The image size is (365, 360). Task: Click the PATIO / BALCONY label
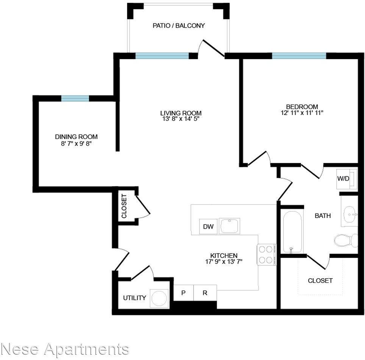pos(179,26)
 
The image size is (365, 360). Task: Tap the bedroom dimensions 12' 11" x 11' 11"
pos(302,113)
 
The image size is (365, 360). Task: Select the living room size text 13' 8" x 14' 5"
pos(181,119)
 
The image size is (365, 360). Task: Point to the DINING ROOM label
pos(76,137)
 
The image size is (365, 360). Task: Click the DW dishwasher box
pos(208,227)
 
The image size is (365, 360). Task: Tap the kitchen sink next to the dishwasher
pos(229,226)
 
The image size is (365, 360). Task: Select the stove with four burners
pos(267,254)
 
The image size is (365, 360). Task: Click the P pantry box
pos(183,293)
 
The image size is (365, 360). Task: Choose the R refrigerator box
pos(205,293)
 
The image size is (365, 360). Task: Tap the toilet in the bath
pos(346,240)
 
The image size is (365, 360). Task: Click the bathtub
pos(292,231)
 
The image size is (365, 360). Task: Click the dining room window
pos(75,98)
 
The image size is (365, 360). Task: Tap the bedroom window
pos(299,56)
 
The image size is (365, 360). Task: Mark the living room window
pos(162,56)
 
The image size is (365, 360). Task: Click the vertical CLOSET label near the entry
pos(124,206)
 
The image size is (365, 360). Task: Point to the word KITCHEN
pos(224,256)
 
